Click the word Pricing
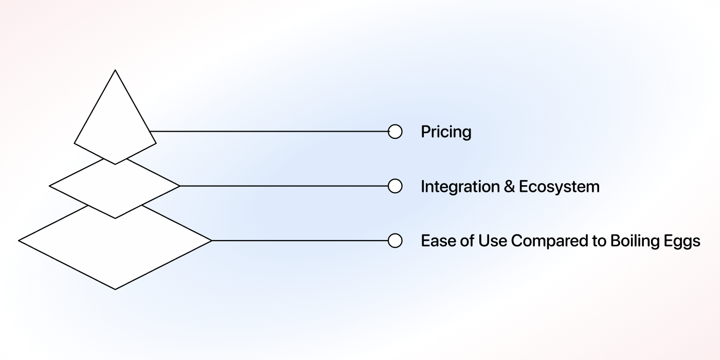446,132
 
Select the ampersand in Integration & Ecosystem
509,186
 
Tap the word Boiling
633,241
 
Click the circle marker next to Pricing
395,132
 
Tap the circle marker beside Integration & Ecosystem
395,186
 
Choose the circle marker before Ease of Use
395,241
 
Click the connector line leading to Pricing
269,131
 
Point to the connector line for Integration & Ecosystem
283,186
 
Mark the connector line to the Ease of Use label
299,241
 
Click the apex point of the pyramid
115,70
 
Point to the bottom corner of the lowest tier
115,289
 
